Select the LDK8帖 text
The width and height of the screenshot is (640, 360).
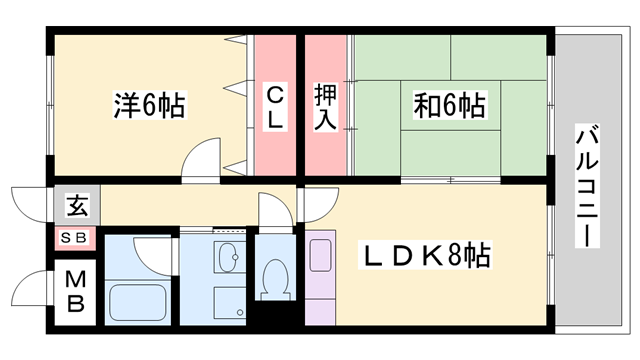click(425, 256)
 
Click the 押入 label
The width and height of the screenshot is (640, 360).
click(326, 106)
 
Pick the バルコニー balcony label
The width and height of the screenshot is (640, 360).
click(587, 188)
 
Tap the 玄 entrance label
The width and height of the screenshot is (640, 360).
click(76, 207)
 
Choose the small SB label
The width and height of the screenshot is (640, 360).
click(75, 238)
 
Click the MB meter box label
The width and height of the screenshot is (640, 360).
click(75, 292)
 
